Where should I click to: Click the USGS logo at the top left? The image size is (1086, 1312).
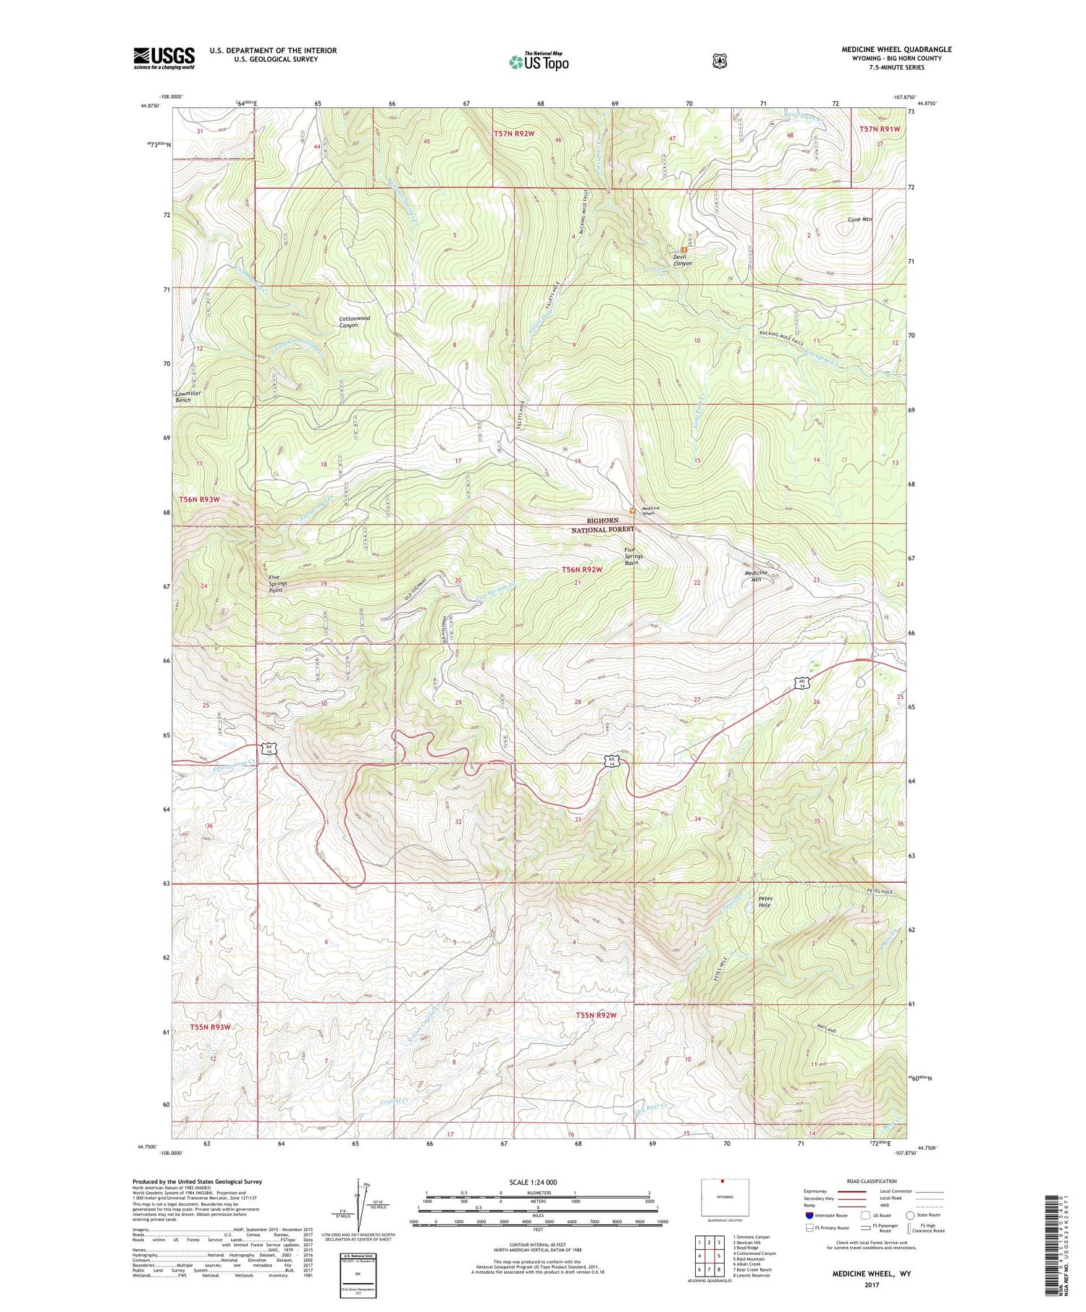(164, 58)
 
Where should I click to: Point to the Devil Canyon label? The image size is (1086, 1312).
(682, 260)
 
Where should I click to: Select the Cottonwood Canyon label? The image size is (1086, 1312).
(354, 321)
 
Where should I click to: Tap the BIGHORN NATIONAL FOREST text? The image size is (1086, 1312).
(602, 525)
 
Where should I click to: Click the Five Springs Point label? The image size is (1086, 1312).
(277, 583)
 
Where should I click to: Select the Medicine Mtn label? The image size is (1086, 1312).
(756, 576)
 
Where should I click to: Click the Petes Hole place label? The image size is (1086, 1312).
(765, 902)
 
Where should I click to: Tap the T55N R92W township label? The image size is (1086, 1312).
(596, 1015)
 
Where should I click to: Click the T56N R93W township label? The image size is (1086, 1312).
(199, 499)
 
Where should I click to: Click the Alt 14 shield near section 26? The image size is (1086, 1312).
(801, 682)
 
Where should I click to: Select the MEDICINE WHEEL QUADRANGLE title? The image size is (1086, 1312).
(896, 49)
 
